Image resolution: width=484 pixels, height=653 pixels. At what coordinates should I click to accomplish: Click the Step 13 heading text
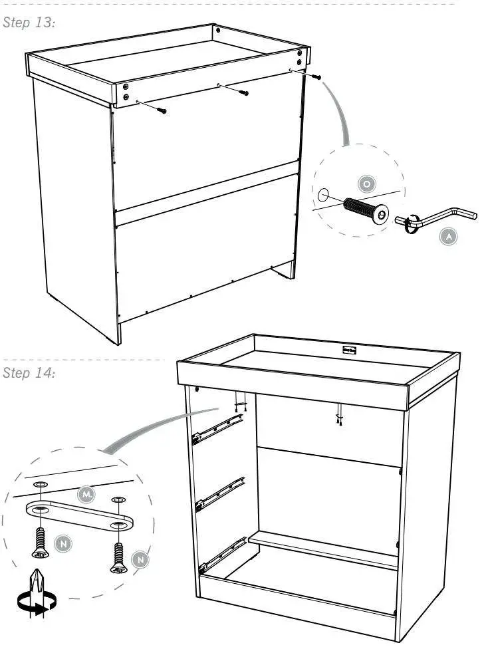click(29, 23)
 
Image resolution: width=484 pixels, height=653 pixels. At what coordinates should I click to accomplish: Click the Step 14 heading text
click(29, 372)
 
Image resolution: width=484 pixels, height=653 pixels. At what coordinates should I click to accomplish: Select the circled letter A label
click(448, 235)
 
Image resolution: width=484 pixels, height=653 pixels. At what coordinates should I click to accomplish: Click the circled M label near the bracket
click(86, 494)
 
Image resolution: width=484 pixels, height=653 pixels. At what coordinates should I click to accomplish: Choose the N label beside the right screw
click(140, 560)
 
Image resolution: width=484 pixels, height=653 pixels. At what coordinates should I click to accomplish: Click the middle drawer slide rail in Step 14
click(219, 493)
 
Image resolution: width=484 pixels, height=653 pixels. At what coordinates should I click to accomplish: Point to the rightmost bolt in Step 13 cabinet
click(316, 77)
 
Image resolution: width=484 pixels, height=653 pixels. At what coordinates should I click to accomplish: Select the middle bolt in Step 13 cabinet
click(244, 92)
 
